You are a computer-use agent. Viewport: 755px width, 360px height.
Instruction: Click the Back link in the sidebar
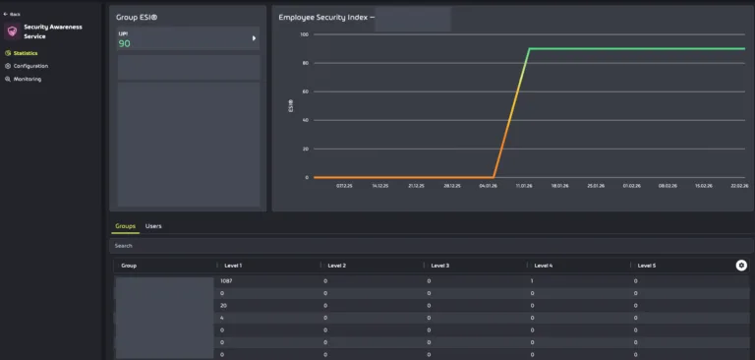coord(14,14)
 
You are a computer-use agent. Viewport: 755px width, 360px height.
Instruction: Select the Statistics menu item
coord(25,53)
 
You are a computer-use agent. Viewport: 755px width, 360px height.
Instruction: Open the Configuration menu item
coord(29,66)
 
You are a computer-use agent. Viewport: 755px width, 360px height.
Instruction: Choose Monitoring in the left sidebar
coord(27,79)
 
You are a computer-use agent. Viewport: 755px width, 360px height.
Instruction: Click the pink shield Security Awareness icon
coord(12,31)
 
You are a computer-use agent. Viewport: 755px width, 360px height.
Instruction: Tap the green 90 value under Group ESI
coord(124,43)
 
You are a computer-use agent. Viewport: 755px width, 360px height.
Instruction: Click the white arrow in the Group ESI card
coord(254,38)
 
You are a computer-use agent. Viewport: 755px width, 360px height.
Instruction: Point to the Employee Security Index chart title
coord(324,18)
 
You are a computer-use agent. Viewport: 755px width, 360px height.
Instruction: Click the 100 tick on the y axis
coord(304,34)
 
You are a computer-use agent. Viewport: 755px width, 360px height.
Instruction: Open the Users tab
coord(153,226)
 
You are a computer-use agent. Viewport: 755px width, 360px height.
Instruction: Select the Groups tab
coord(125,226)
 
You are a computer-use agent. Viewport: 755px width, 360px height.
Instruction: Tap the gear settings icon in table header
coord(741,266)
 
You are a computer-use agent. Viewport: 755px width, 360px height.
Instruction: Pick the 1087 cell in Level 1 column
coord(227,281)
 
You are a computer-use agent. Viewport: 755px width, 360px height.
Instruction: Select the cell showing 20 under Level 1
coord(223,305)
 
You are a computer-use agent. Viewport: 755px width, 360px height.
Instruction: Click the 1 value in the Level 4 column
coord(532,281)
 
